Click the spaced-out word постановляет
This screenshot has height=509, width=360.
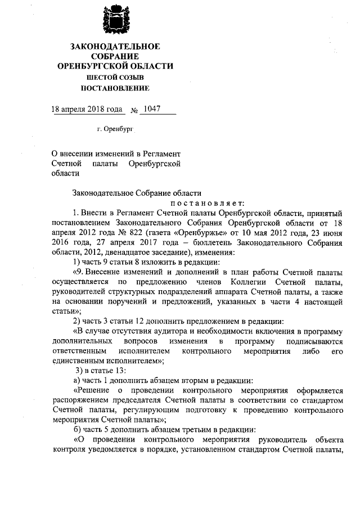[205, 203]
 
